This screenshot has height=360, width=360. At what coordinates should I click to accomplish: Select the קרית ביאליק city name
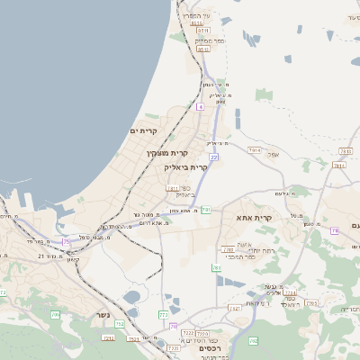pyautogui.click(x=186, y=167)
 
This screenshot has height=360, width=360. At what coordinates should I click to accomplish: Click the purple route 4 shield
pyautogui.click(x=200, y=107)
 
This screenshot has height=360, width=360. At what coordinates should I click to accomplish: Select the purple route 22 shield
pyautogui.click(x=214, y=157)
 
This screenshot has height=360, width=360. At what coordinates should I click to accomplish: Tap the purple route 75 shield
pyautogui.click(x=67, y=241)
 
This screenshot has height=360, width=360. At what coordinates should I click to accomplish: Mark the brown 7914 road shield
pyautogui.click(x=255, y=150)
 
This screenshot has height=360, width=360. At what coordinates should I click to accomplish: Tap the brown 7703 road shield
pyautogui.click(x=310, y=303)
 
